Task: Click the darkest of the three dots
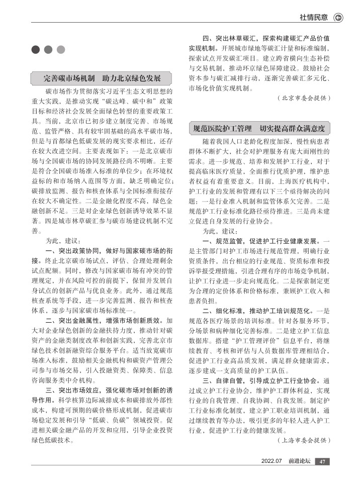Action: point(36,49)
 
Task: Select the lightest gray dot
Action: point(61,49)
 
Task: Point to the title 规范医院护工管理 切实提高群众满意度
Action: point(259,128)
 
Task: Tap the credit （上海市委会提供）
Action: point(304,440)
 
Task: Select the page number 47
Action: point(323,462)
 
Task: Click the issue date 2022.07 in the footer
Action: point(273,462)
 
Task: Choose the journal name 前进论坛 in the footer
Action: point(300,462)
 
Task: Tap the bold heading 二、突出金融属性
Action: point(77,320)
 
